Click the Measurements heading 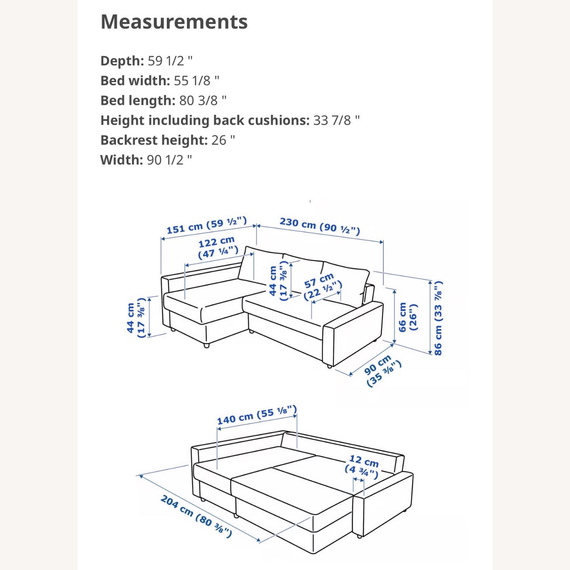174,22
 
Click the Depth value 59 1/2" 170,61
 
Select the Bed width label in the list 135,81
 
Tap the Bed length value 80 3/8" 203,100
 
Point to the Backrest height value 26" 223,140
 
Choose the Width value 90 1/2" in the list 169,160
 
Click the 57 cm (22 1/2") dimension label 323,286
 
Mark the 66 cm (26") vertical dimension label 407,317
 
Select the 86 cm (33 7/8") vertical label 438,318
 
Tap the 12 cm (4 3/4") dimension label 362,466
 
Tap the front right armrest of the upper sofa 353,334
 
